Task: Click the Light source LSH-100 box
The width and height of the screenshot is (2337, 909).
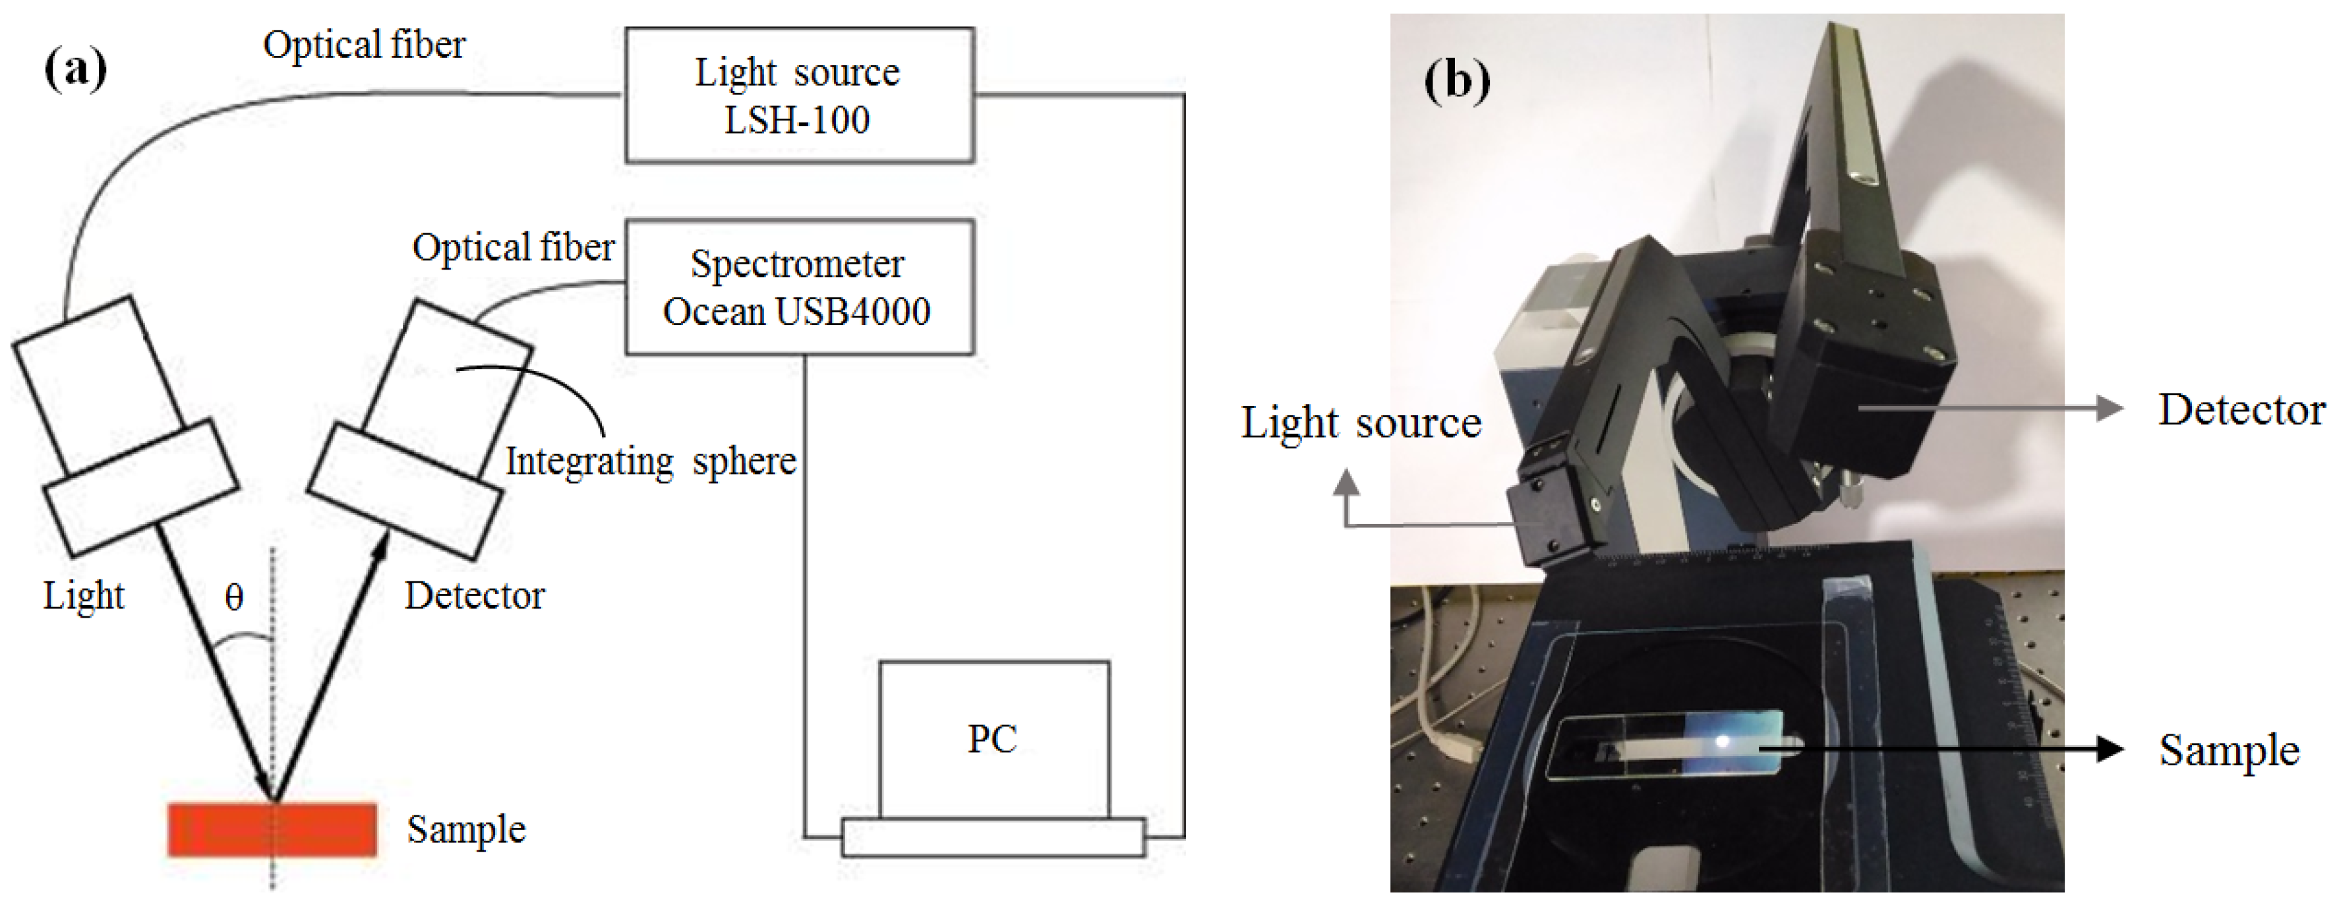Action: pos(799,96)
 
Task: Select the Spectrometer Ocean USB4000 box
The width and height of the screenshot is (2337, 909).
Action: pos(799,287)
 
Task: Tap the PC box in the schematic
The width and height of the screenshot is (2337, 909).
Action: pos(993,740)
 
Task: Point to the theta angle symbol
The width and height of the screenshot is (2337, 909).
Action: pos(234,597)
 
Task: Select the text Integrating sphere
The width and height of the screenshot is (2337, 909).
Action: pos(651,461)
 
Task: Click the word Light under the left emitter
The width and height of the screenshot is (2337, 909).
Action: pos(84,596)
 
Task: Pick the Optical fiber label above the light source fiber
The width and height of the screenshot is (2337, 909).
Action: pos(364,44)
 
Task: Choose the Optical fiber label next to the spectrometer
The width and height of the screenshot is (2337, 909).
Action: pos(514,247)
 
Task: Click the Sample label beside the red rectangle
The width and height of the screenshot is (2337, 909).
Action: pos(466,829)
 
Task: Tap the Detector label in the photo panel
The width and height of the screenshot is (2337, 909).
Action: pos(2241,410)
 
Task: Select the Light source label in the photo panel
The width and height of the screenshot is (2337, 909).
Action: pos(1361,423)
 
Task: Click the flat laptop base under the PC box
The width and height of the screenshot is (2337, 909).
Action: pos(993,837)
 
